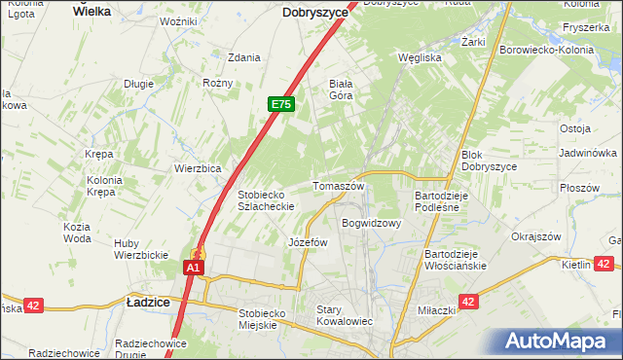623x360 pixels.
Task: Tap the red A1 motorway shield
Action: click(194, 267)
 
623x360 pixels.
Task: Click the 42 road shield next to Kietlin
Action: click(605, 263)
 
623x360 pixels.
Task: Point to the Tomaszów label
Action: click(338, 186)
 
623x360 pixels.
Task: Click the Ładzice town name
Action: click(149, 303)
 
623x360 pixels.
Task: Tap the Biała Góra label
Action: click(347, 90)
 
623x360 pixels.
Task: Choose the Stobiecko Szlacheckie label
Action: click(267, 200)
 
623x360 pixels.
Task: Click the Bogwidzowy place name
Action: click(371, 223)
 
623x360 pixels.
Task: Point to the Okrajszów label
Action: click(536, 236)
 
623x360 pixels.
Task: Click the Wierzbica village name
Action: click(198, 167)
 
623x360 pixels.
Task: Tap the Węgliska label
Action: click(421, 57)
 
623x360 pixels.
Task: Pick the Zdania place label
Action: click(243, 57)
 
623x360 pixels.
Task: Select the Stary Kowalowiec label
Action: click(345, 315)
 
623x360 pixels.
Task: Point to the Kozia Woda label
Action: click(77, 233)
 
